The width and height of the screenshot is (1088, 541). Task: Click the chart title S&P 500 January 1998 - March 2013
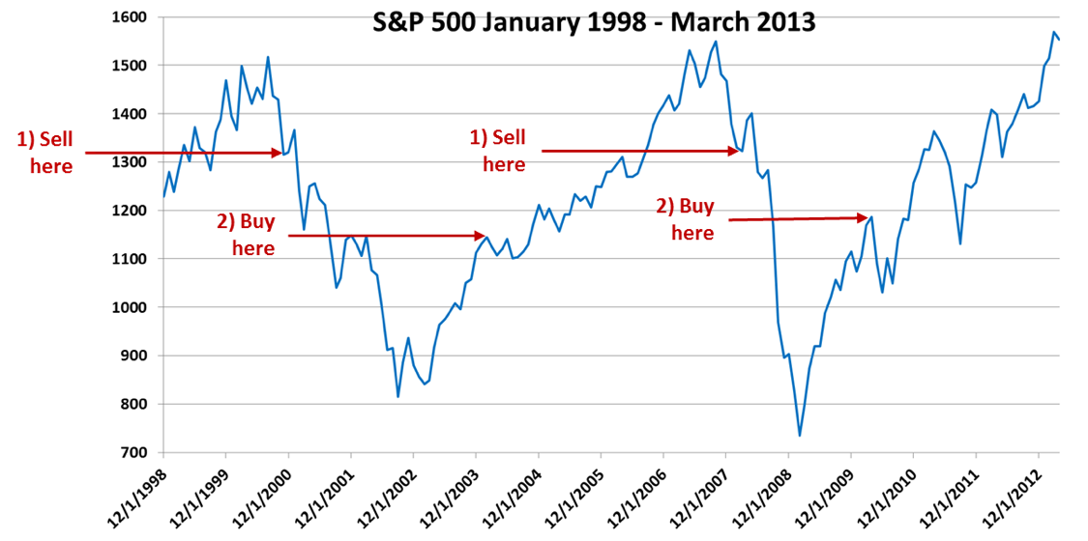click(x=594, y=22)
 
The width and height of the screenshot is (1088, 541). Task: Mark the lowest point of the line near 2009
click(x=800, y=436)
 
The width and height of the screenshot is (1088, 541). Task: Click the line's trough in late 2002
click(x=397, y=396)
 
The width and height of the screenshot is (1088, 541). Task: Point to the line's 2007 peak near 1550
click(x=716, y=41)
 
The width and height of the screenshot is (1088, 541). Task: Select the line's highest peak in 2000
click(x=268, y=57)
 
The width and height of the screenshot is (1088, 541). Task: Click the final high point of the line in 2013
click(x=1052, y=32)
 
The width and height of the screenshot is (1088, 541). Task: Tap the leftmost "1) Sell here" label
click(x=44, y=153)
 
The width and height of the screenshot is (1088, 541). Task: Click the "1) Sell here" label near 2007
click(x=503, y=151)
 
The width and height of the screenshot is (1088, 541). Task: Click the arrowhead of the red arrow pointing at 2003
click(x=481, y=235)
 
